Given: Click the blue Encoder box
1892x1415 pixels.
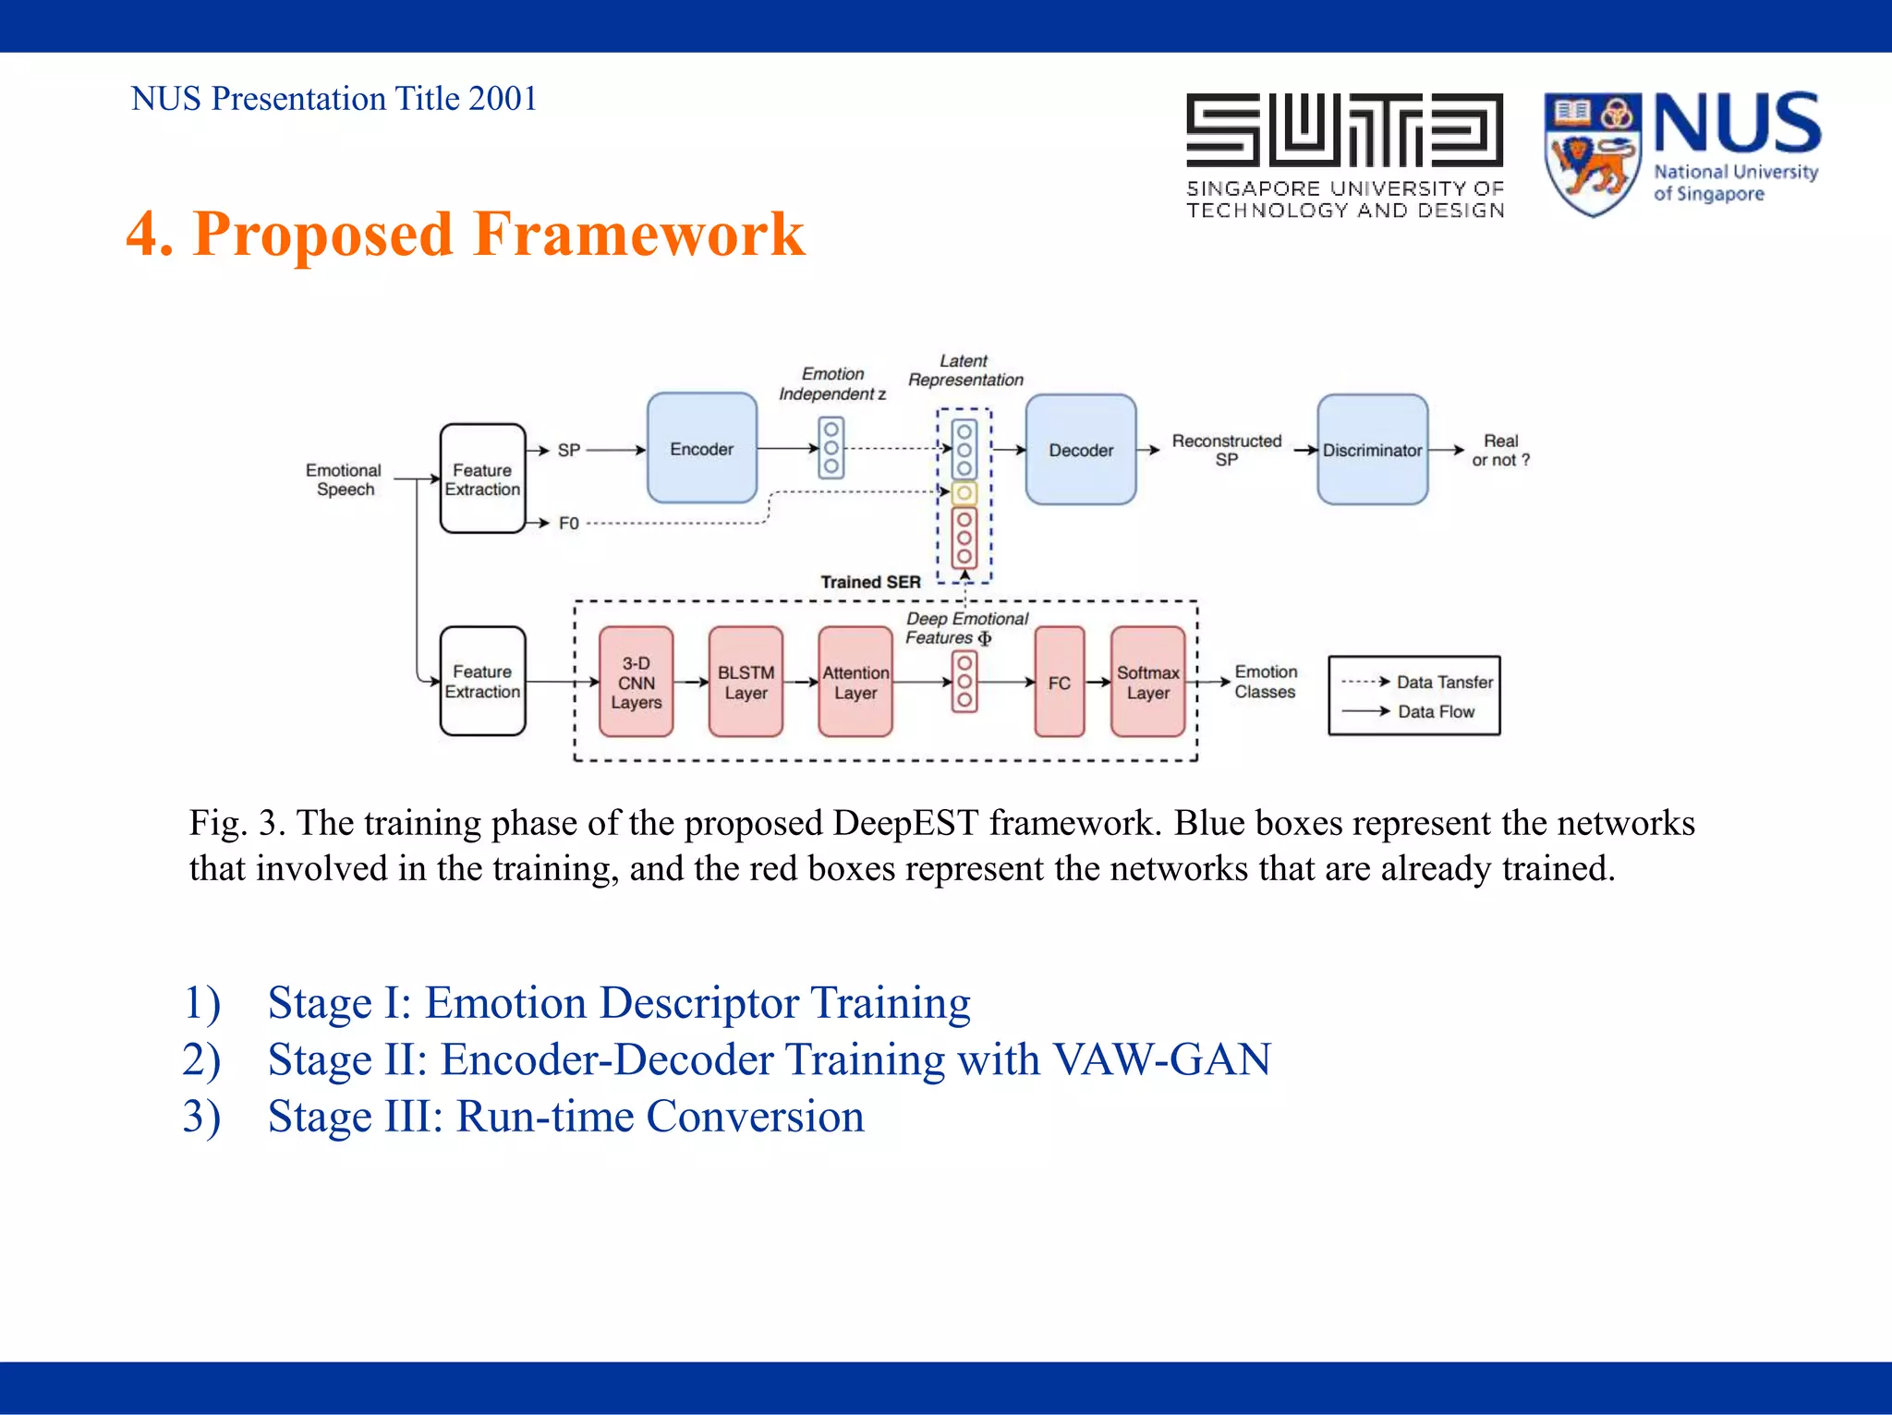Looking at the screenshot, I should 701,448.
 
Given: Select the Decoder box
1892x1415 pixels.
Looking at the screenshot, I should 1080,450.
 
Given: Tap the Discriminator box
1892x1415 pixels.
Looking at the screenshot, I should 1372,450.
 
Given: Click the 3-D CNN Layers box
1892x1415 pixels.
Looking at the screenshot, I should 636,683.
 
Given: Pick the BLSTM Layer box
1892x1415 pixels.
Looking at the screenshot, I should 746,683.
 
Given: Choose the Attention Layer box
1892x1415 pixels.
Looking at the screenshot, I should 855,683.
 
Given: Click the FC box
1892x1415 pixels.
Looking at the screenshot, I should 1059,683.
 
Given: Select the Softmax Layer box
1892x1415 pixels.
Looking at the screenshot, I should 1147,683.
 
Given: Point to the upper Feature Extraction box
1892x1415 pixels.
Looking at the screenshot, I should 482,478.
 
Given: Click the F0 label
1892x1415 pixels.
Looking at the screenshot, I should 568,524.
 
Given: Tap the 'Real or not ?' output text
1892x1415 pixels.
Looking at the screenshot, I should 1500,451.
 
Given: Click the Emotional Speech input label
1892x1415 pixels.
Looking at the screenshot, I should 344,479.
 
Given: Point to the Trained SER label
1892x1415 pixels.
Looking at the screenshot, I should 870,582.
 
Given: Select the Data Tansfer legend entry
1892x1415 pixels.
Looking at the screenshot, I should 1443,682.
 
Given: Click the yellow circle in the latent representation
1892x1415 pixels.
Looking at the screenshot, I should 964,492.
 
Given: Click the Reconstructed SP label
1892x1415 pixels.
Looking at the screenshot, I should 1226,450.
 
